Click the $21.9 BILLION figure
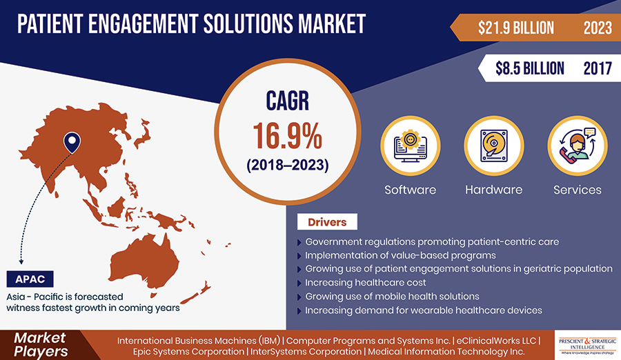tap(515, 28)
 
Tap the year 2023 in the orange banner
tap(598, 28)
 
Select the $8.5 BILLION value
tap(529, 68)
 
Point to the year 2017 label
tap(598, 68)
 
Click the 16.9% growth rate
tap(288, 136)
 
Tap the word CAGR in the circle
tap(288, 101)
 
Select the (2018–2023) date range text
tap(288, 165)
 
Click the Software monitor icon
tap(411, 146)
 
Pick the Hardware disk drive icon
tap(494, 146)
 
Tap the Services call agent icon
tap(578, 146)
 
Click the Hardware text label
tap(494, 190)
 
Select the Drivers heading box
tap(327, 222)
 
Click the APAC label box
tap(30, 279)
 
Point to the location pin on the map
tap(72, 142)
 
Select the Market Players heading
tap(41, 345)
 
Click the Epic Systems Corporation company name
tap(188, 352)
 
